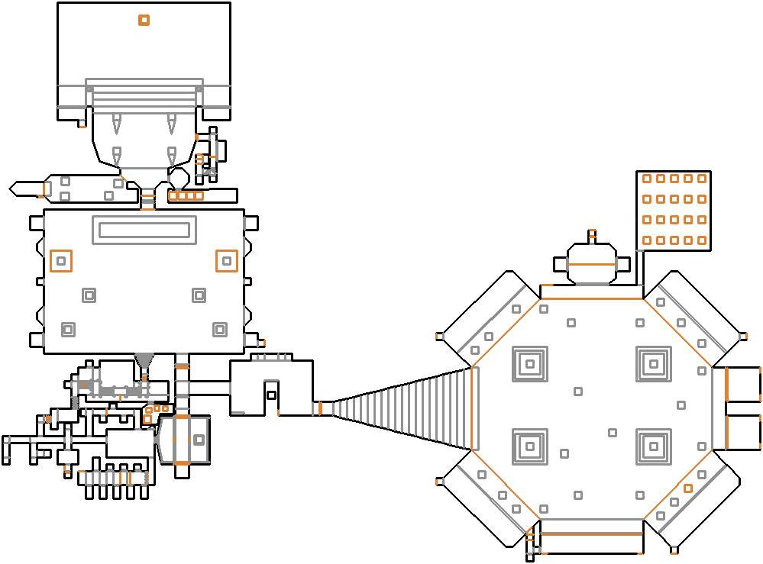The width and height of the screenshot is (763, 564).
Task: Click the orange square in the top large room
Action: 144,21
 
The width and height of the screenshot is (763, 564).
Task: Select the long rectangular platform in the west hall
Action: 144,230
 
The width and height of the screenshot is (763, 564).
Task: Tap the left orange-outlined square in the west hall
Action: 61,261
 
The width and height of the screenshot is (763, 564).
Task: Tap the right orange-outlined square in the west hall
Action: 226,261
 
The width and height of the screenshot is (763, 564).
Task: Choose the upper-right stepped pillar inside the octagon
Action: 654,364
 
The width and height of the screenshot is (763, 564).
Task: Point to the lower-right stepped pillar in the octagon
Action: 654,446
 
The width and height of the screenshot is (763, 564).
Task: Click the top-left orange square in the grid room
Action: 647,179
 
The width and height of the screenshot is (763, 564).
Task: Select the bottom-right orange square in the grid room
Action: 702,240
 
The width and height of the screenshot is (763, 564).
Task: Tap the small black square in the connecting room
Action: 271,395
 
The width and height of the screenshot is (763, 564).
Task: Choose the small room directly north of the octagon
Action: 591,263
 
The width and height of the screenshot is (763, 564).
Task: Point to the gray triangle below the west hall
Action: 143,359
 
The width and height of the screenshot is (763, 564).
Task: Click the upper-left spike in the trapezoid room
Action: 117,122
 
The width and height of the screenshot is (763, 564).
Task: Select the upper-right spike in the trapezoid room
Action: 171,122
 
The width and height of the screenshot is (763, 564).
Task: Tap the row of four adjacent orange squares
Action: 186,196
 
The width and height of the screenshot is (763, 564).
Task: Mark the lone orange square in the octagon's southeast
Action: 688,488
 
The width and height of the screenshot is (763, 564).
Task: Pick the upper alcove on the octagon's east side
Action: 742,384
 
